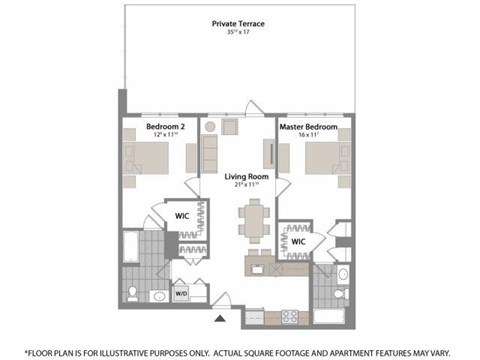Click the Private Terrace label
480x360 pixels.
(x=236, y=23)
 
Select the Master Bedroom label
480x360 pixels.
(x=307, y=128)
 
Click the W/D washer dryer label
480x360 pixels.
(x=182, y=294)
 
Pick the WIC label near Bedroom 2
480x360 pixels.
(x=182, y=215)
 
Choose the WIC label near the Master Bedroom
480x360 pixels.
(x=298, y=241)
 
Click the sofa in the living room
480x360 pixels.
(x=210, y=152)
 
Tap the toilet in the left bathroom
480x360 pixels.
(x=133, y=292)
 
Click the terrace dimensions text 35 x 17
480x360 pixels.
(x=236, y=32)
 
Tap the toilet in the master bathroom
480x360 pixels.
(x=341, y=293)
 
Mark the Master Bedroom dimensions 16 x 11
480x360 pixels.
(x=307, y=136)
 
